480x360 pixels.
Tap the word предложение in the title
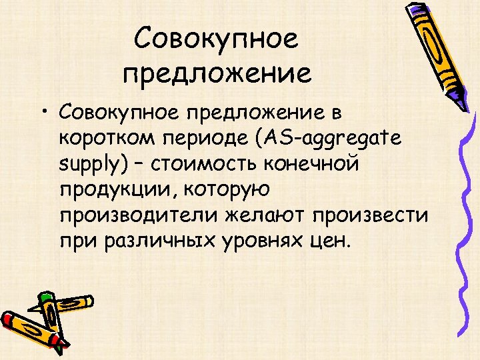pos(217,73)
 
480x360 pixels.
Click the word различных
pos(166,240)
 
